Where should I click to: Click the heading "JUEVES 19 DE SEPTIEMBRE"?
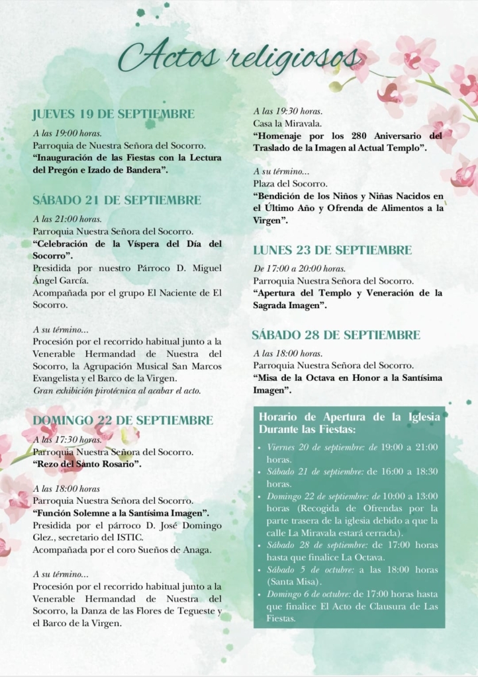pyautogui.click(x=113, y=114)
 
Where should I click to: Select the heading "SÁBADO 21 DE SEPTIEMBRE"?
pyautogui.click(x=117, y=200)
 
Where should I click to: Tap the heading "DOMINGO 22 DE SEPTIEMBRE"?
pyautogui.click(x=123, y=420)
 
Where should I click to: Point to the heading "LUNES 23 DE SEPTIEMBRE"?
pyautogui.click(x=332, y=250)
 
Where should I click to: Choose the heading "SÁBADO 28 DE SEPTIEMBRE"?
pyautogui.click(x=336, y=335)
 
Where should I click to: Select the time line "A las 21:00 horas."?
pyautogui.click(x=67, y=219)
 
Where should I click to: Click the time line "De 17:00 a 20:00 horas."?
pyautogui.click(x=299, y=268)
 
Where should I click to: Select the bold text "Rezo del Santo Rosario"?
pyautogui.click(x=88, y=464)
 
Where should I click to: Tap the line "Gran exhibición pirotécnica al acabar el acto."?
pyautogui.click(x=117, y=391)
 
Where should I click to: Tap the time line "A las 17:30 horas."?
pyautogui.click(x=67, y=440)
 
